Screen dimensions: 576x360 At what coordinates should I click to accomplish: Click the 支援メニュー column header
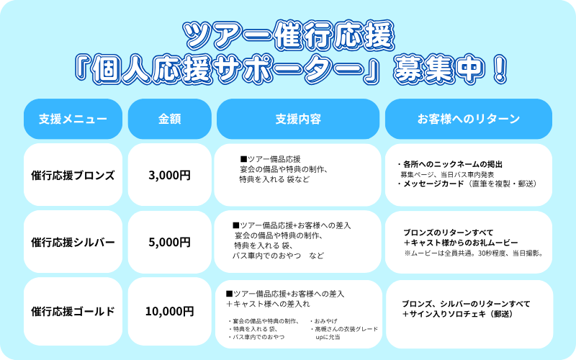pyautogui.click(x=73, y=119)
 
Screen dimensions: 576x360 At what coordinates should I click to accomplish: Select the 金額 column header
pyautogui.click(x=169, y=119)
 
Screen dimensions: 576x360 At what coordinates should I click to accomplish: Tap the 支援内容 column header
pyautogui.click(x=298, y=119)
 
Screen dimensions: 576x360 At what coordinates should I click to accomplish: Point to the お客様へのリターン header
pyautogui.click(x=469, y=119)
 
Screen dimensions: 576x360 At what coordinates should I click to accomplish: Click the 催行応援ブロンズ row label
pyautogui.click(x=73, y=175)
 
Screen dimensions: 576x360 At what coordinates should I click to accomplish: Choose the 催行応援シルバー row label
pyautogui.click(x=73, y=242)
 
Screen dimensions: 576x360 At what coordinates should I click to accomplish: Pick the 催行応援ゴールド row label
pyautogui.click(x=73, y=311)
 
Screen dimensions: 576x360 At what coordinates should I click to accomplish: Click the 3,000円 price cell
pyautogui.click(x=169, y=175)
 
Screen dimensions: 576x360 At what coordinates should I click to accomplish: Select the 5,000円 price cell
pyautogui.click(x=169, y=242)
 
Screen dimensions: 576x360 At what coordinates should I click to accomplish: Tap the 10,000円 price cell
pyautogui.click(x=169, y=311)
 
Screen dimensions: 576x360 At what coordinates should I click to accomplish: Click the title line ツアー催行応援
pyautogui.click(x=289, y=35)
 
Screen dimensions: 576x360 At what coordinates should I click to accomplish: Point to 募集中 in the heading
pyautogui.click(x=438, y=68)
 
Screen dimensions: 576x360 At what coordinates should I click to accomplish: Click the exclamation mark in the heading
pyautogui.click(x=499, y=68)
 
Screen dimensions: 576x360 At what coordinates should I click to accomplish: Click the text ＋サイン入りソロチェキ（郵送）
pyautogui.click(x=457, y=314)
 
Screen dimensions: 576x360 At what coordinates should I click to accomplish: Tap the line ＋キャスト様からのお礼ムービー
pyautogui.click(x=461, y=243)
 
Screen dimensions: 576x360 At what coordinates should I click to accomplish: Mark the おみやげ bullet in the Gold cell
pyautogui.click(x=323, y=321)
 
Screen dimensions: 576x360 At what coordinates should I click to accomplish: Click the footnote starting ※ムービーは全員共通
pyautogui.click(x=474, y=253)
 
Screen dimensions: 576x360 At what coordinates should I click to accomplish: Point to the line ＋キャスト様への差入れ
pyautogui.click(x=268, y=304)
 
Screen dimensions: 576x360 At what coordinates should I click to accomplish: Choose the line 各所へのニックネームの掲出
pyautogui.click(x=449, y=164)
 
